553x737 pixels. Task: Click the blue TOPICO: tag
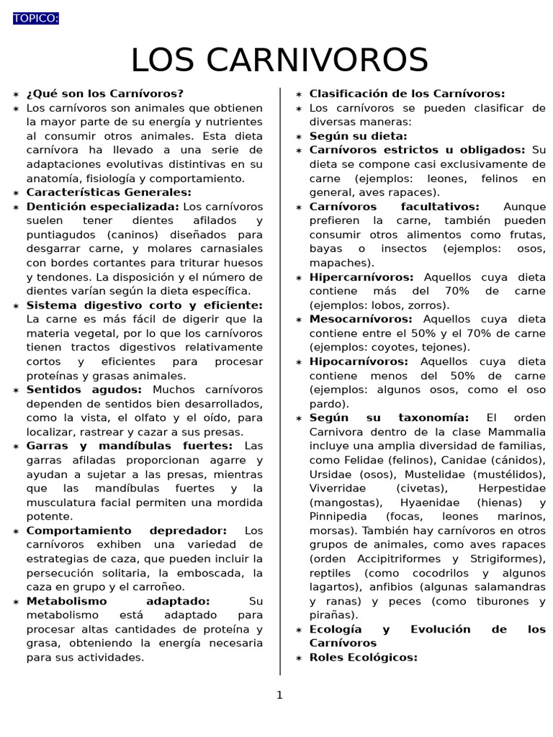pos(35,18)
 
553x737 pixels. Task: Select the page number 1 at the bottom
pos(279,695)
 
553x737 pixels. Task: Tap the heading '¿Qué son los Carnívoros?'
pos(105,94)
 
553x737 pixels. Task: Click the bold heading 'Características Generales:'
pos(109,192)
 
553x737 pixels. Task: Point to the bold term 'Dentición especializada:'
pos(103,207)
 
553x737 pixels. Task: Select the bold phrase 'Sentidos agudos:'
pos(84,390)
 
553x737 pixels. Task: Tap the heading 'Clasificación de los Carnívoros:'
pos(407,94)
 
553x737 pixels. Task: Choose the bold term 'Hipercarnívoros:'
pos(361,277)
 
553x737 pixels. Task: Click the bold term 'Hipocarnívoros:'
pos(359,361)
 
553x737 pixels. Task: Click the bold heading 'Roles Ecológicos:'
pos(363,657)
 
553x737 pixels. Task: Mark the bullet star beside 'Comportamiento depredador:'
pos(16,531)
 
